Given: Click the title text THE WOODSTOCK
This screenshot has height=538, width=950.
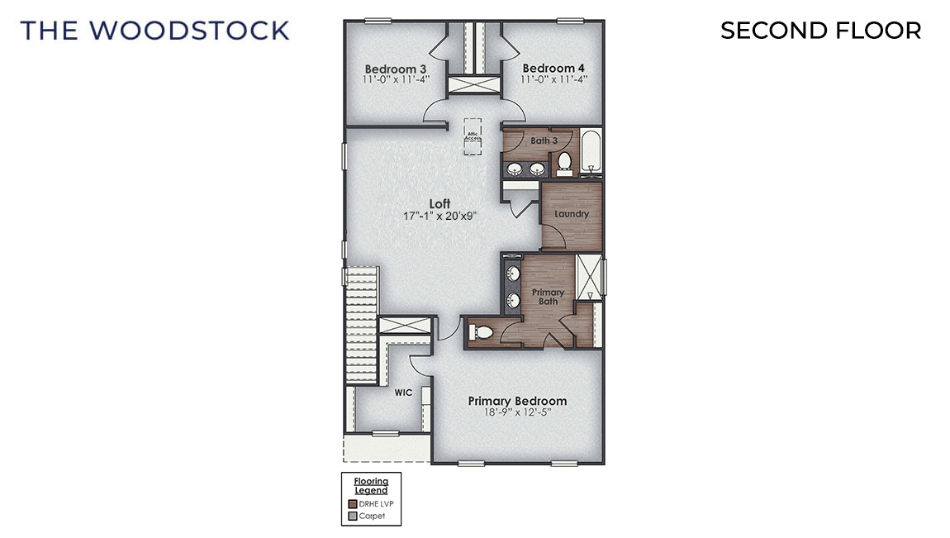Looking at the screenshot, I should [155, 31].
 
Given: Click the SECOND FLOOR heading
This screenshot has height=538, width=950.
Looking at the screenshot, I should [820, 31].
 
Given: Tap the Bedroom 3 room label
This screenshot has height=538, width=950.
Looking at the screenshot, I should [389, 68].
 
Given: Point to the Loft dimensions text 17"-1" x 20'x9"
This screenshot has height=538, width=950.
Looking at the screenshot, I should [439, 216].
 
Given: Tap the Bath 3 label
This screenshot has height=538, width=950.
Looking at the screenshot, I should [544, 140].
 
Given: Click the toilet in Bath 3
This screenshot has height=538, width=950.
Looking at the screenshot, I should [565, 163].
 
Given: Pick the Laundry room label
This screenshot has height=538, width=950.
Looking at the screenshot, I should [572, 214].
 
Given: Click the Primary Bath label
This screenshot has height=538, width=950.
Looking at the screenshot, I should [548, 297].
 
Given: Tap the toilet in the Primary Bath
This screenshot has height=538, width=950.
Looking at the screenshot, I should [481, 332].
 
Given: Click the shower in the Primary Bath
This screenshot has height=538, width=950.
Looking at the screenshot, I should [588, 278].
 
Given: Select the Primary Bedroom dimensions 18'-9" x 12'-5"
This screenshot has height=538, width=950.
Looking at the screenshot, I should [517, 413].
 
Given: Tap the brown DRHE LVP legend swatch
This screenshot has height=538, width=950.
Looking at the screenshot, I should [353, 503].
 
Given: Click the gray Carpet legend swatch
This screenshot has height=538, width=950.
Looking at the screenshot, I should [353, 516].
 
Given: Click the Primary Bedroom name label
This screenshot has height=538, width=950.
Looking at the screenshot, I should [517, 401].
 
